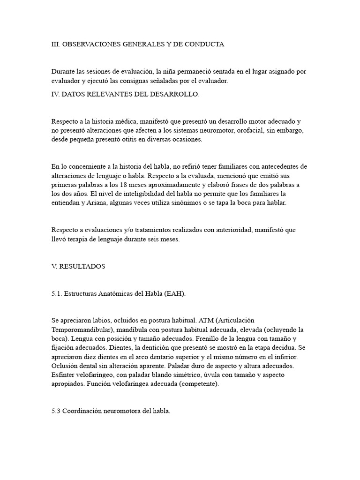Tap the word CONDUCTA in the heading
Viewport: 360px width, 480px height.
[x=206, y=45]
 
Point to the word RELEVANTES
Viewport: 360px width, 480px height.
[x=107, y=94]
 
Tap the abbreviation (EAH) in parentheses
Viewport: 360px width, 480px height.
[x=174, y=293]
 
